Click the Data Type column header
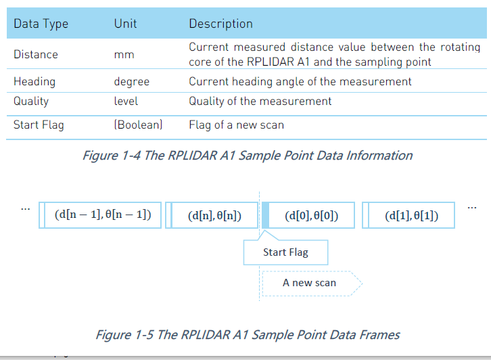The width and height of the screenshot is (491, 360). point(41,24)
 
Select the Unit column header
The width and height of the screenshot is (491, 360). point(125,24)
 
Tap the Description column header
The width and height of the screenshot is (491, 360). point(220,24)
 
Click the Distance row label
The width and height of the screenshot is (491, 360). point(36,55)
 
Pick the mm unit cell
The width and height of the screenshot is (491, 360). point(124,55)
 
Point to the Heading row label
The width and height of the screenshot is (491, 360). point(34,82)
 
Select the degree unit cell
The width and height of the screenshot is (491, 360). point(131,82)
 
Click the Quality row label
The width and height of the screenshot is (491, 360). point(31,102)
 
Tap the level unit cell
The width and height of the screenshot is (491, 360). point(126,102)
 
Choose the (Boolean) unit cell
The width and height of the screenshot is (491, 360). point(138,125)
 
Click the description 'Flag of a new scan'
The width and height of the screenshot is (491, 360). point(237,125)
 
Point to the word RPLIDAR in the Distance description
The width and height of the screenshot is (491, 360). point(271,62)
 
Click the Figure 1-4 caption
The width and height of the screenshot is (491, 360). point(248,156)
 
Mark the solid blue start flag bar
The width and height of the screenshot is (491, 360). point(265,215)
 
